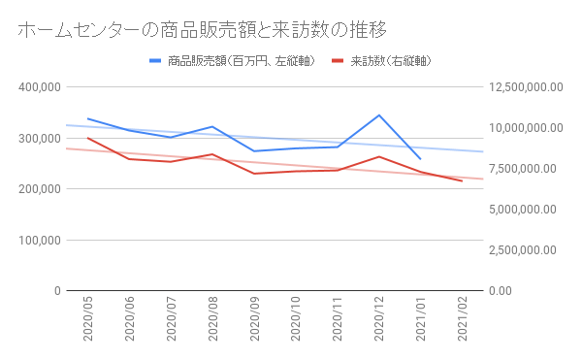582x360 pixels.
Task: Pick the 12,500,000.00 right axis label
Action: coord(523,87)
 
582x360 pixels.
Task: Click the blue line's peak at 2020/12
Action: coord(378,115)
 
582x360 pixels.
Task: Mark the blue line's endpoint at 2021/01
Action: coord(420,158)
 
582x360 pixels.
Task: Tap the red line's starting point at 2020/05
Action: coord(88,138)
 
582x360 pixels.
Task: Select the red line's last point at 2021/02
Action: coord(462,181)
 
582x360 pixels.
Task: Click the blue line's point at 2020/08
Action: coord(212,126)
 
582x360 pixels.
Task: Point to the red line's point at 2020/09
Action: coord(254,174)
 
